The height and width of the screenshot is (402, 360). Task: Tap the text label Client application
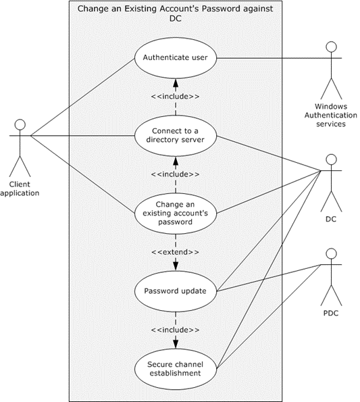pos(20,188)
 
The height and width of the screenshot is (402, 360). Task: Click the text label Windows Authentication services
pos(330,114)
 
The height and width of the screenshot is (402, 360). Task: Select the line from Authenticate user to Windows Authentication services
pos(270,59)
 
